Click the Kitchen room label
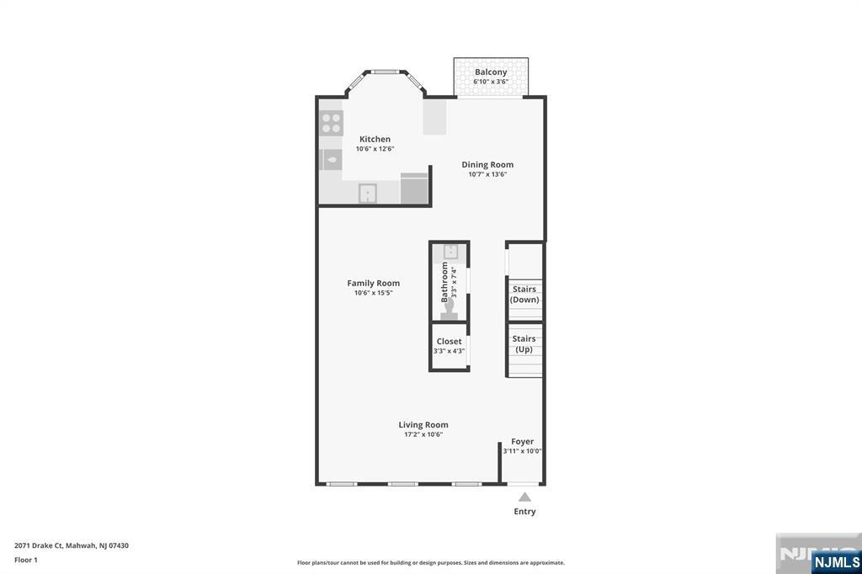tap(375, 139)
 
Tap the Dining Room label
tap(487, 164)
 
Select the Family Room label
tap(373, 283)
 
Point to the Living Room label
tap(423, 424)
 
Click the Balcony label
tap(491, 72)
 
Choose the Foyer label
tap(522, 442)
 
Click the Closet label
tap(450, 342)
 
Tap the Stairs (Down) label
tap(524, 294)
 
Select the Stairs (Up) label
tap(524, 344)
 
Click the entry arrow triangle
tap(525, 497)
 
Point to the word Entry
tap(525, 512)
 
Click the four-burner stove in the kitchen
tap(332, 123)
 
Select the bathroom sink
tap(451, 252)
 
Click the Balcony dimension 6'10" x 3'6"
tap(491, 82)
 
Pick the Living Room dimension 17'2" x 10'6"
tap(423, 434)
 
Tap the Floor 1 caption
tap(26, 560)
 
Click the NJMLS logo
tap(836, 562)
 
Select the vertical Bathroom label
tap(444, 282)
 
